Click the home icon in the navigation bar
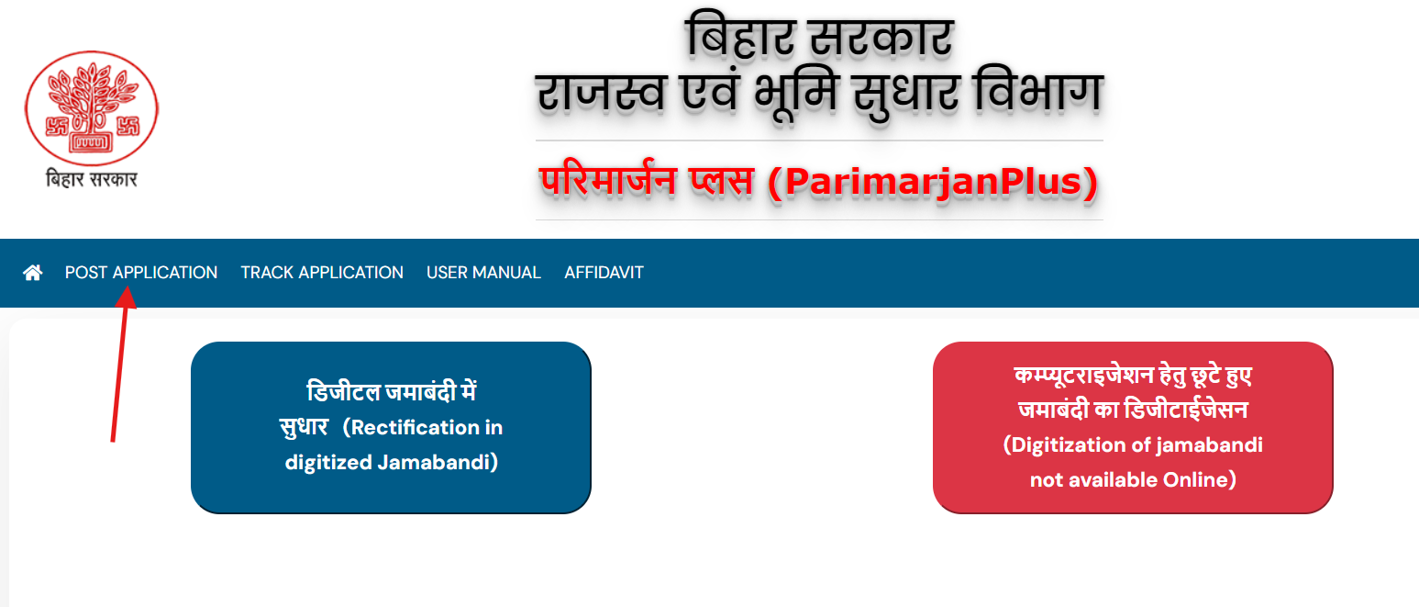(33, 273)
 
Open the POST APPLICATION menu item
(141, 273)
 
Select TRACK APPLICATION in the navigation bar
(322, 273)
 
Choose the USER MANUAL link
(483, 273)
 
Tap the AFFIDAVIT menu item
(604, 273)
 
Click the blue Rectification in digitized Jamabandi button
(391, 427)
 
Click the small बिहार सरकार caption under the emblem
(91, 179)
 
